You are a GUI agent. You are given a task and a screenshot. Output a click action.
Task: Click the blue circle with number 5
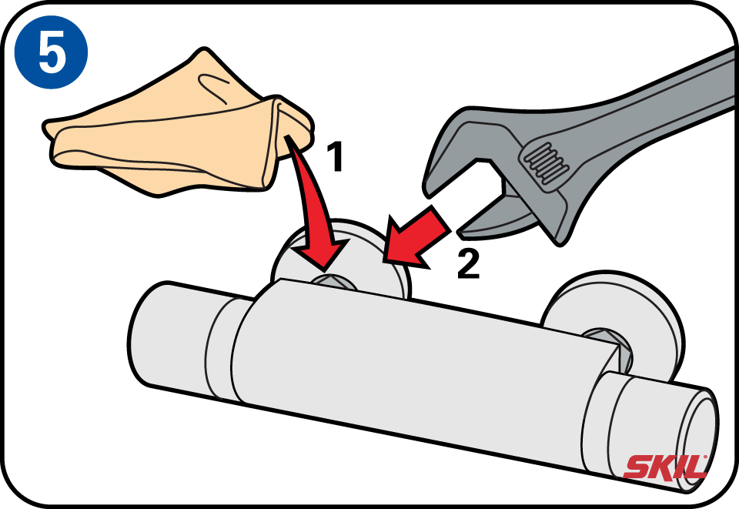[x=51, y=52]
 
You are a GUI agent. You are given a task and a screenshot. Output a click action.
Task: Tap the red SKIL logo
[x=665, y=467]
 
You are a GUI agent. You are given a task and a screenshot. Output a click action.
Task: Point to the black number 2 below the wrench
[x=468, y=263]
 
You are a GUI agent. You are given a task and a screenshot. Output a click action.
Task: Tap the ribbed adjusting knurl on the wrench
[x=545, y=162]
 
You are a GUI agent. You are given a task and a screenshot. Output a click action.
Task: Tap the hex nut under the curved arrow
[x=333, y=282]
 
